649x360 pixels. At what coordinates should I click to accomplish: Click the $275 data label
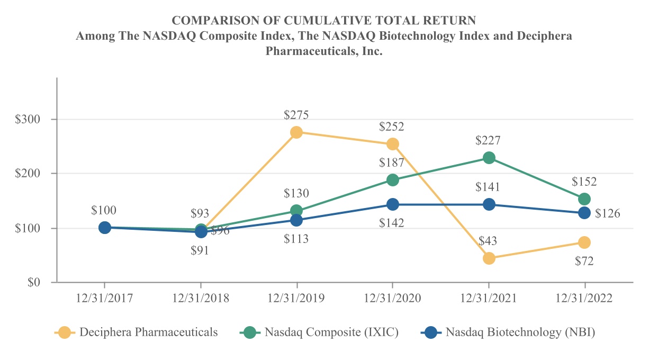tap(296, 115)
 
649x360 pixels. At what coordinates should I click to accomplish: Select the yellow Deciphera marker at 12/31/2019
tap(296, 132)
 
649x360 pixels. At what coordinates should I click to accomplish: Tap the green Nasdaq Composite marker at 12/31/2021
tap(489, 158)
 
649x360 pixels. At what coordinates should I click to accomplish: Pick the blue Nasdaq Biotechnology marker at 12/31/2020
tap(393, 204)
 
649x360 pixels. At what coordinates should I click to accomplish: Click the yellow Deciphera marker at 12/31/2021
tap(489, 258)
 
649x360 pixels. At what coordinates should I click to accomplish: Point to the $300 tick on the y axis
tap(28, 120)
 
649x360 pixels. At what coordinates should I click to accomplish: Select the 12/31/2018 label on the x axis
tap(201, 298)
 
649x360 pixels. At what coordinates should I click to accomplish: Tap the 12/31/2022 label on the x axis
tap(584, 298)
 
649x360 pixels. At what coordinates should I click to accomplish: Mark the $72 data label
tap(584, 260)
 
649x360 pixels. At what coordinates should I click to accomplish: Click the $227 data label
tap(488, 141)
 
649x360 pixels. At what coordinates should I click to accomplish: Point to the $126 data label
tap(607, 213)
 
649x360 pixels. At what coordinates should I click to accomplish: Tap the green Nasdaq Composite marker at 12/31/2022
tap(584, 199)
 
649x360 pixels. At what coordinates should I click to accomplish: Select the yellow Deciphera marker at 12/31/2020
tap(393, 144)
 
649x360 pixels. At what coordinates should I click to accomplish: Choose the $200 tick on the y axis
tap(28, 174)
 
